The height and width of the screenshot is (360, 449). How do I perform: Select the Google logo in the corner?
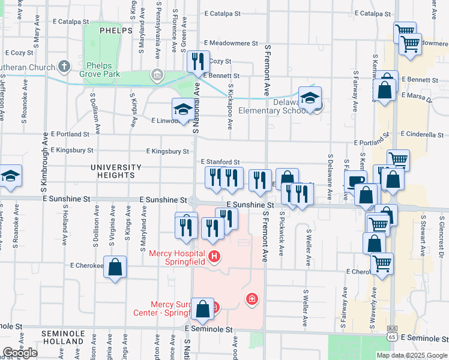click(x=20, y=353)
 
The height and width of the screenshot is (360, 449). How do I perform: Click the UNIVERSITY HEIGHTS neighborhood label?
click(x=116, y=171)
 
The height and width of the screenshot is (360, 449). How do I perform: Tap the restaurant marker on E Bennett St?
click(x=197, y=61)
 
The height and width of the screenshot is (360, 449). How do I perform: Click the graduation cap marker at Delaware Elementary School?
click(x=310, y=97)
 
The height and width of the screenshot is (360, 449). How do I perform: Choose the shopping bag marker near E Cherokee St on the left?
click(x=115, y=267)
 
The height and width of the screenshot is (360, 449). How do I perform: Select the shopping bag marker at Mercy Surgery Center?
click(x=203, y=308)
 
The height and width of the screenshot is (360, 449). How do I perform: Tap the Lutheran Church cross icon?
click(x=65, y=67)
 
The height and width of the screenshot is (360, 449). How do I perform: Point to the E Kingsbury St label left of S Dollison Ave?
click(x=72, y=150)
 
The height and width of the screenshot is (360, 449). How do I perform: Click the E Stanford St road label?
click(x=220, y=162)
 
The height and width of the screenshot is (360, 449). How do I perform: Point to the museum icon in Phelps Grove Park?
click(x=157, y=74)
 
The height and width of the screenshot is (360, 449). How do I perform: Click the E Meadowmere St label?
click(x=231, y=44)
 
